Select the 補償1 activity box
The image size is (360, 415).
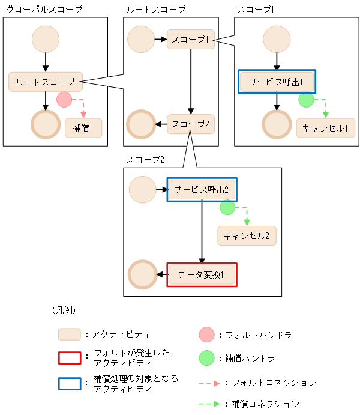[83, 128]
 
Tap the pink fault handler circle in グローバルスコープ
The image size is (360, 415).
[64, 100]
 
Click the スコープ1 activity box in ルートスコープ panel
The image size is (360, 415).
[190, 39]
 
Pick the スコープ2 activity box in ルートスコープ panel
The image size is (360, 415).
[190, 124]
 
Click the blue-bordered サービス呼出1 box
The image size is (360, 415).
[277, 82]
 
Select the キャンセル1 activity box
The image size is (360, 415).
[325, 128]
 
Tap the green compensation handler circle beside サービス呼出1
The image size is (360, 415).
[306, 100]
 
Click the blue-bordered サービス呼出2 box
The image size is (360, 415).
[202, 189]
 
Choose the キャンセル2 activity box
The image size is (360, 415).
[247, 235]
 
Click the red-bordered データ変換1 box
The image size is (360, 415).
[202, 275]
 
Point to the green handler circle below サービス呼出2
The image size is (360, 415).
[227, 208]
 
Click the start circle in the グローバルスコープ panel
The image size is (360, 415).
[46, 39]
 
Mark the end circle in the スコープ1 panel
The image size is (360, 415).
[277, 124]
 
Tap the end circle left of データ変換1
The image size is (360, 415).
[143, 274]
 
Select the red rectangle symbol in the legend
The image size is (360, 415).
[69, 358]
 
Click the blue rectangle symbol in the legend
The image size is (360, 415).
[69, 384]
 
